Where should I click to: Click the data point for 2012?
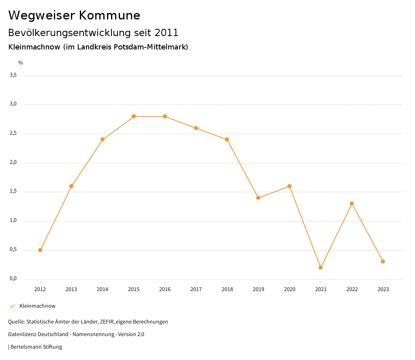[40, 250]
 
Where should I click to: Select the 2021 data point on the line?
[321, 268]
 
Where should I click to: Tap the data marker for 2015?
[134, 116]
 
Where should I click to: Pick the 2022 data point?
[352, 204]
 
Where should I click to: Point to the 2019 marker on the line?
[258, 198]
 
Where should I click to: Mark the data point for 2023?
[383, 261]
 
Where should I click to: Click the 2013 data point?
[71, 186]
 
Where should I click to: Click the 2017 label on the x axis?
[196, 289]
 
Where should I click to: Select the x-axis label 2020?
[289, 289]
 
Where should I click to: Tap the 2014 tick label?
[103, 289]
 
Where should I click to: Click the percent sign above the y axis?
[21, 63]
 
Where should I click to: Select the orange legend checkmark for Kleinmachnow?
[12, 306]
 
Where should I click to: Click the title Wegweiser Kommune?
[74, 15]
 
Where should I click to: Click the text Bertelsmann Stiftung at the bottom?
[36, 347]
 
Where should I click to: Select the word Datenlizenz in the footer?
[21, 334]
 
